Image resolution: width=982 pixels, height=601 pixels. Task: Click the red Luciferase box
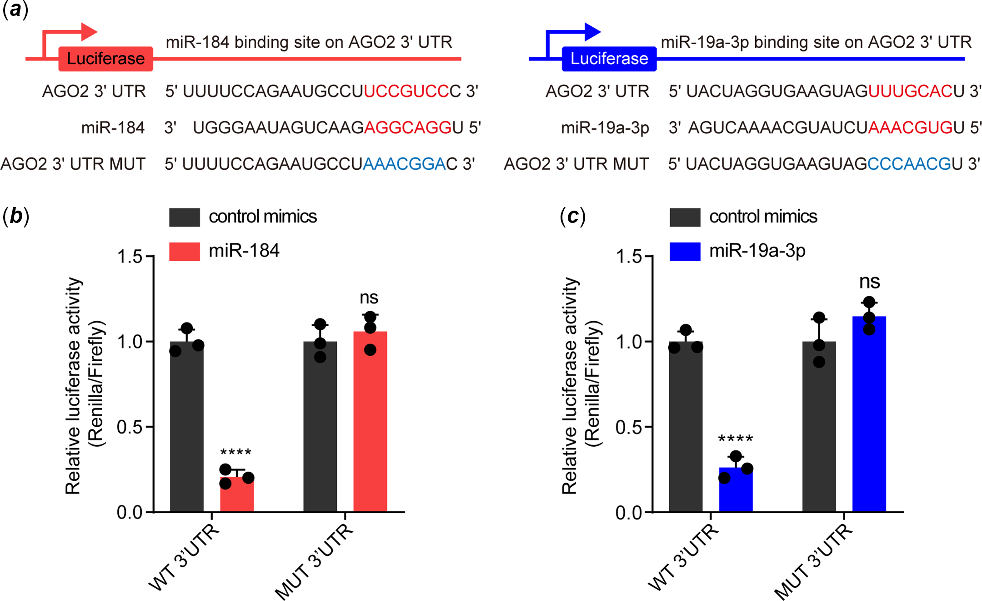pos(105,59)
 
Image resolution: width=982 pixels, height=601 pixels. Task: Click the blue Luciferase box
pos(609,59)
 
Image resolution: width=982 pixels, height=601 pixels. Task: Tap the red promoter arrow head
pos(90,32)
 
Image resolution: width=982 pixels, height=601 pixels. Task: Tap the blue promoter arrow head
pos(593,32)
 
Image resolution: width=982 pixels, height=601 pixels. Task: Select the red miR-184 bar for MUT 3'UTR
pos(370,423)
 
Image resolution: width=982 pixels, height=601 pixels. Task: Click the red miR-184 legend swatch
pos(184,251)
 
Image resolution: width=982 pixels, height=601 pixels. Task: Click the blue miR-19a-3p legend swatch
pos(685,251)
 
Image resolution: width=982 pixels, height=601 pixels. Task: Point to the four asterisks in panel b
pos(235,452)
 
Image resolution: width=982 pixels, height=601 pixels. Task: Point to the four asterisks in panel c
pos(735,439)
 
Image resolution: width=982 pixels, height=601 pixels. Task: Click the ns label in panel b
pos(369,298)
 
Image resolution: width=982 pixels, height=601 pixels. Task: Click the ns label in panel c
pos(869,282)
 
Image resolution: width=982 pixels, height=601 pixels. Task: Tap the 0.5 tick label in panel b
pos(130,427)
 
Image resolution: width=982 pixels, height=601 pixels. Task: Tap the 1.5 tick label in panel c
pos(628,257)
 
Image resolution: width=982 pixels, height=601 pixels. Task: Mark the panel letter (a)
pos(15,9)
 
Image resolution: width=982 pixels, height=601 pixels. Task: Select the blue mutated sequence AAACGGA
pos(404,164)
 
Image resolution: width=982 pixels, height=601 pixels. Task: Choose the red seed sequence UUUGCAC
pos(910,91)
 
